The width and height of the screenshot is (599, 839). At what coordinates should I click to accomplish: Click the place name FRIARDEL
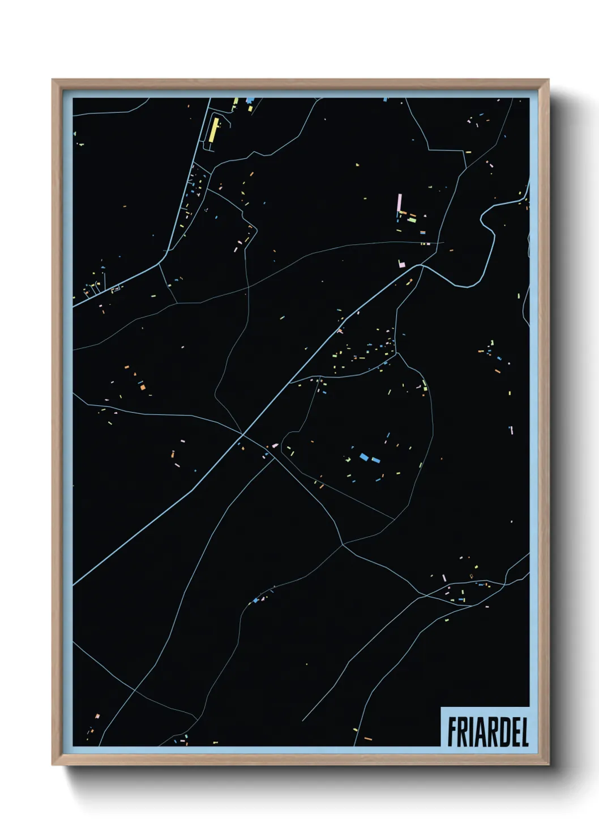(x=488, y=732)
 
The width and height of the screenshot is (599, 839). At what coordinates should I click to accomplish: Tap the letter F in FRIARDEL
(x=452, y=732)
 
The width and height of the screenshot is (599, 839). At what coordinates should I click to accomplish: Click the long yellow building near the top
(x=213, y=129)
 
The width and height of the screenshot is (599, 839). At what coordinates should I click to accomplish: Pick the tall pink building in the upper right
(x=399, y=202)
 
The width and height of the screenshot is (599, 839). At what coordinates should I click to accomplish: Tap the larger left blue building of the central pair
(x=364, y=456)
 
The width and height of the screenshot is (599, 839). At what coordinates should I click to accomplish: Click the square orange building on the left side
(x=143, y=387)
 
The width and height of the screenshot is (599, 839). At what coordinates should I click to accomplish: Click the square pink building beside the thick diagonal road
(x=401, y=264)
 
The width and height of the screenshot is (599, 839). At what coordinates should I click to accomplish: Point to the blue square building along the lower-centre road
(x=256, y=600)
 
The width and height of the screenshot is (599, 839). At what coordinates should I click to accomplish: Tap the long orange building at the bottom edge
(x=368, y=739)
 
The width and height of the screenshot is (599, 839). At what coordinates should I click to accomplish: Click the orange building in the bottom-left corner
(x=97, y=716)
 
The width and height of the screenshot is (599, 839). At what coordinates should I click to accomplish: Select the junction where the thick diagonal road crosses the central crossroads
(x=242, y=435)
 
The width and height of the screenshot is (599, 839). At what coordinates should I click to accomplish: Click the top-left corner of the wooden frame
(x=53, y=80)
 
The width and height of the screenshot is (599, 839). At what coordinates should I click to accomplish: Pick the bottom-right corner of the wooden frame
(x=548, y=764)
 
